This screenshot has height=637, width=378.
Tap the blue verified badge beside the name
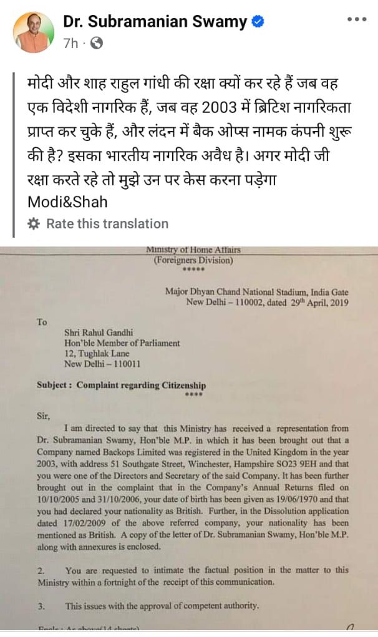pyautogui.click(x=258, y=22)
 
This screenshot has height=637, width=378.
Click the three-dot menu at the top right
pyautogui.click(x=357, y=19)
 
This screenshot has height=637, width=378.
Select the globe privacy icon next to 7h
pyautogui.click(x=97, y=44)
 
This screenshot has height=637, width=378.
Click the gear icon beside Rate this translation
pyautogui.click(x=34, y=223)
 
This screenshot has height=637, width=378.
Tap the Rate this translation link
pyautogui.click(x=107, y=223)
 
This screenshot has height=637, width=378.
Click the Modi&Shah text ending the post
pyautogui.click(x=67, y=202)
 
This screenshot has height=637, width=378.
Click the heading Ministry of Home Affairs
pyautogui.click(x=193, y=250)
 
